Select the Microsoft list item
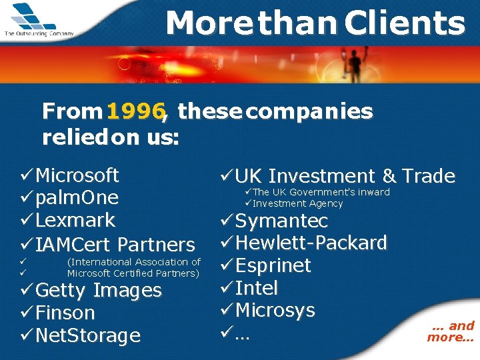click(x=77, y=175)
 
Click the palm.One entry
click(x=77, y=198)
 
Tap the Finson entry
click(x=65, y=313)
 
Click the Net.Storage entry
click(x=87, y=335)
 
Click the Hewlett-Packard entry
click(x=311, y=243)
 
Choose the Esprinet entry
click(x=273, y=265)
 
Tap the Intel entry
click(x=257, y=288)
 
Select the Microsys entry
click(x=275, y=310)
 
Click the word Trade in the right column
click(x=429, y=176)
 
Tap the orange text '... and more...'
click(x=451, y=331)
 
